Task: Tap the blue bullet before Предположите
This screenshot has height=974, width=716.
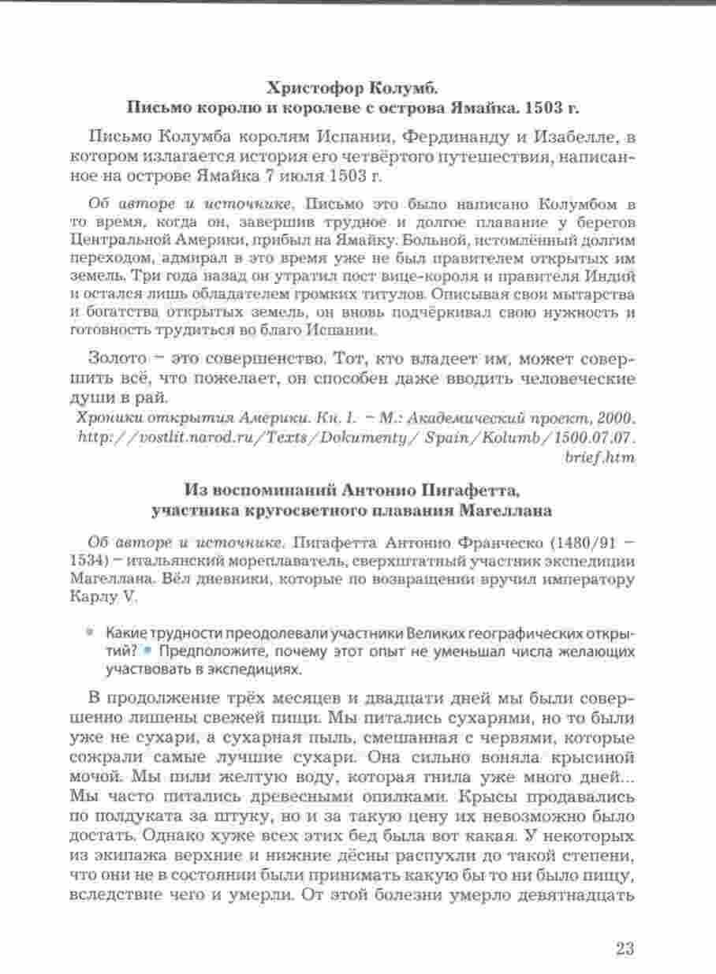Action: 147,651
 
